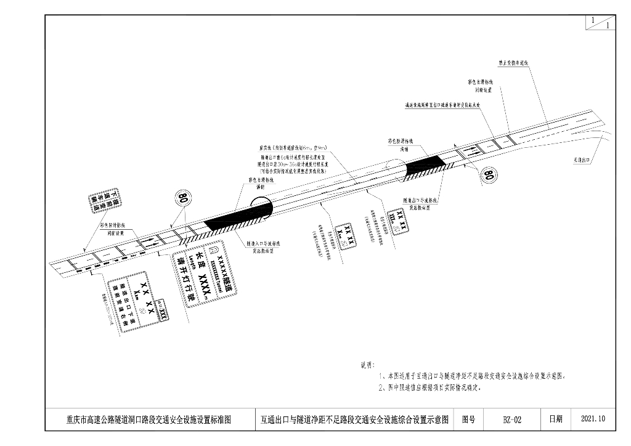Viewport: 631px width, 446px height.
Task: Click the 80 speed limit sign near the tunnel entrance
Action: click(x=182, y=199)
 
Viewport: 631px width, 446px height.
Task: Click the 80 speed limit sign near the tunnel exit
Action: click(x=488, y=176)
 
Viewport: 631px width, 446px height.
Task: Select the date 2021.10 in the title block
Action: click(x=593, y=420)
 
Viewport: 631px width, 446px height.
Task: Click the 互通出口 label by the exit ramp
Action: click(x=582, y=159)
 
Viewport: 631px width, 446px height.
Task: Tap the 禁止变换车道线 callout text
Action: click(x=514, y=63)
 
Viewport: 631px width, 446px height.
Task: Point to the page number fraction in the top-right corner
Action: click(x=600, y=23)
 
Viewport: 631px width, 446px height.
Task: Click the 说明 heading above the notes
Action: click(x=367, y=365)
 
